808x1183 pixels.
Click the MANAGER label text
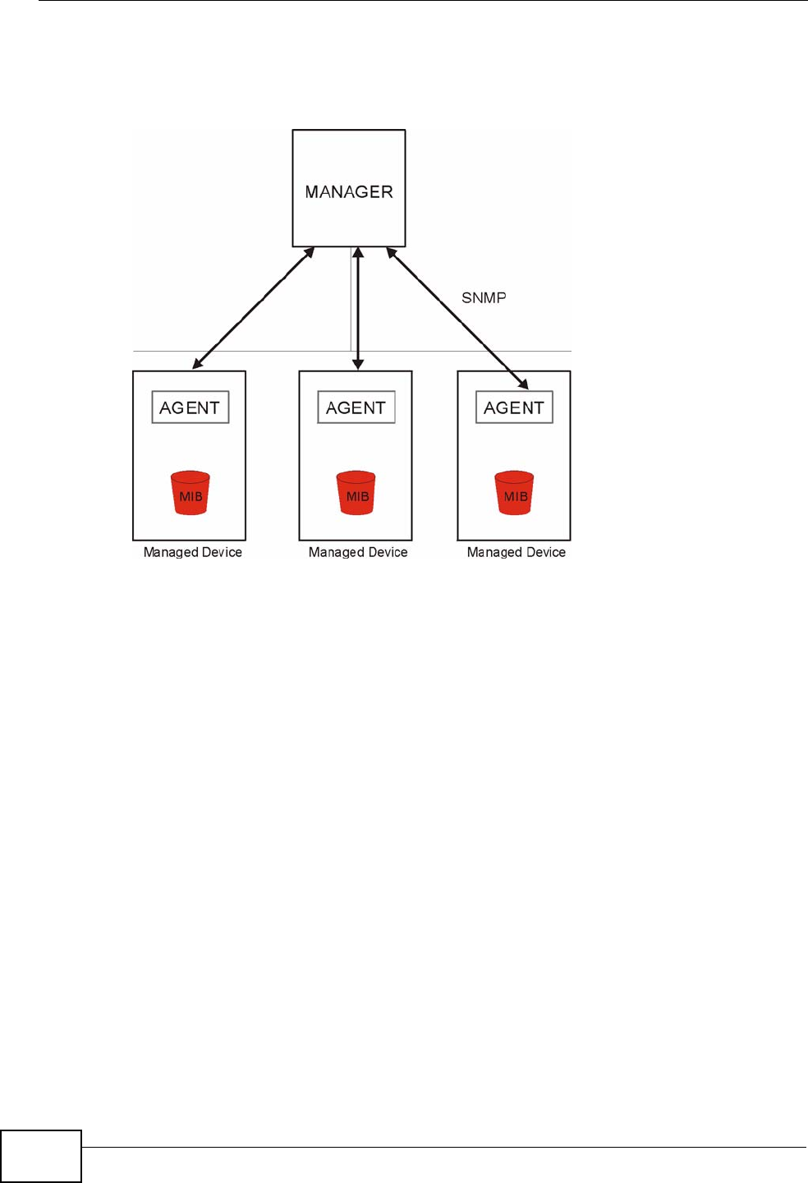(349, 191)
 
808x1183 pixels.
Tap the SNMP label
(484, 297)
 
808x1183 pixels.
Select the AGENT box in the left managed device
(190, 407)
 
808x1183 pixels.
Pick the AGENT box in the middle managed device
(356, 407)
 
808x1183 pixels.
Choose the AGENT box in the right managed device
(514, 407)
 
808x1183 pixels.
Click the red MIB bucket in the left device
(191, 493)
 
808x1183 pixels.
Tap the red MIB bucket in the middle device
(356, 493)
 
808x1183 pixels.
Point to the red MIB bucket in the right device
(515, 493)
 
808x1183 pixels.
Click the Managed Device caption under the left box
(193, 552)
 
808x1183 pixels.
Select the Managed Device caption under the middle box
(358, 552)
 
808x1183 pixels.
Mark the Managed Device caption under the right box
(516, 552)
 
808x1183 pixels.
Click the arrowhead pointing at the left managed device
(197, 364)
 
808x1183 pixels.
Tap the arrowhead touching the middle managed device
(357, 364)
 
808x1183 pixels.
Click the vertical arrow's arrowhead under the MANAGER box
(357, 253)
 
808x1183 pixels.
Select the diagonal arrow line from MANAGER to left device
(253, 308)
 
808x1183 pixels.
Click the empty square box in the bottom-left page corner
(41, 1156)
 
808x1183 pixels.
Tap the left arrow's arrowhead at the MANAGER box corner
(309, 252)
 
